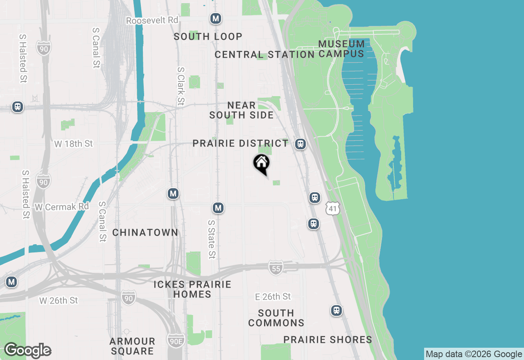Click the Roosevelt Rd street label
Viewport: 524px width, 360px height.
[x=152, y=20]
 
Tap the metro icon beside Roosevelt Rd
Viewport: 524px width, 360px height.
[x=216, y=18]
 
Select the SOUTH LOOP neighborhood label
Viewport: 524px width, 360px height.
[x=208, y=36]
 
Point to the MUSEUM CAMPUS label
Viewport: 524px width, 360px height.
[x=341, y=49]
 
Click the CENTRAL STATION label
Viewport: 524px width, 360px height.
[x=264, y=54]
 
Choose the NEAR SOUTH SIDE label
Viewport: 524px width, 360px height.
[x=242, y=110]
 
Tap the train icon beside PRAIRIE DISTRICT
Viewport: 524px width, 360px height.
[x=301, y=144]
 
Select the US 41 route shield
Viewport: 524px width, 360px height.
[x=333, y=209]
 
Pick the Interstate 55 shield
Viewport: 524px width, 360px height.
[x=276, y=268]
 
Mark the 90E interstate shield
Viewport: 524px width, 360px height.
[x=176, y=340]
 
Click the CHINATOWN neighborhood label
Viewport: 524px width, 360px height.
[x=145, y=232]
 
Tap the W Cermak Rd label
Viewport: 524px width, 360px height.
[x=62, y=207]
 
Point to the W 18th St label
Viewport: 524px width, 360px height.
[x=74, y=144]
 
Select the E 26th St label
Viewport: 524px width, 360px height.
[x=273, y=296]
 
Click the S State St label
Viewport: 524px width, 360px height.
[x=211, y=239]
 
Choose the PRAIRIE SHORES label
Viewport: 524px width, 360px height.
[x=328, y=340]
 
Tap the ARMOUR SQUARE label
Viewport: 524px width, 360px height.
[x=132, y=346]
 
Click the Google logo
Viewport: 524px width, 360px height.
[x=27, y=350]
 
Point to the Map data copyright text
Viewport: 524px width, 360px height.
[x=474, y=354]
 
